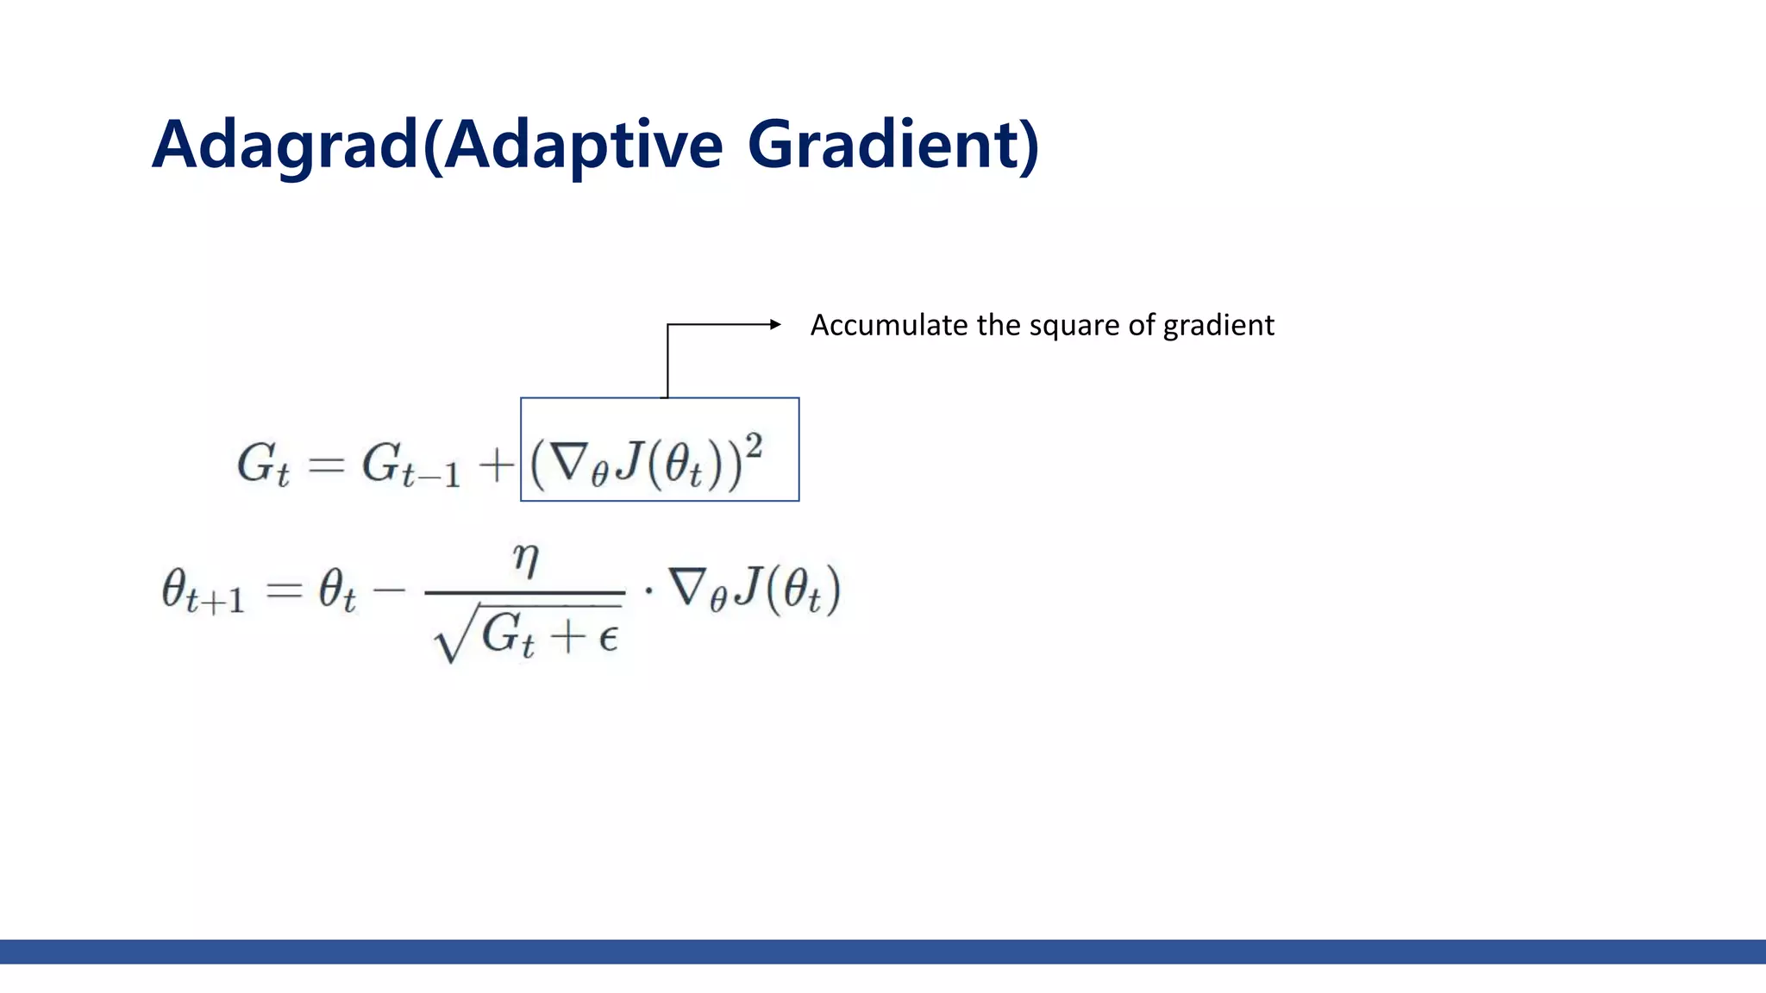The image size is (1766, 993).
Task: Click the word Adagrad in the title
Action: click(285, 145)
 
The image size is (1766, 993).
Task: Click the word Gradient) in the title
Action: click(893, 145)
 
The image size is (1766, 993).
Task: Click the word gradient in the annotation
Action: click(1218, 326)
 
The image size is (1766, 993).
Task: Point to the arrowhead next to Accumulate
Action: click(775, 324)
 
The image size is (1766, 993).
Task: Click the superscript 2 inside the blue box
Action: click(754, 446)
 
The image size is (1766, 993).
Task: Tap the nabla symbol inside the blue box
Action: click(570, 463)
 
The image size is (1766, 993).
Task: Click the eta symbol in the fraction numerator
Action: click(525, 560)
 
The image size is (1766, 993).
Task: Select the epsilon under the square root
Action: click(608, 638)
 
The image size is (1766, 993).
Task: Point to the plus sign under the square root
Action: click(569, 638)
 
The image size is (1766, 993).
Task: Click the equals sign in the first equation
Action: click(327, 466)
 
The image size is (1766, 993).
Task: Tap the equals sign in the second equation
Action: click(284, 591)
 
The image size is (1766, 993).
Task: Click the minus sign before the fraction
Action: click(388, 591)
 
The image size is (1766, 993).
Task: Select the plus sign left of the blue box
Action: click(497, 466)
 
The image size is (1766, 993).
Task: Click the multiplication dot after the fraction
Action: click(648, 592)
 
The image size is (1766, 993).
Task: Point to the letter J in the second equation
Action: click(748, 587)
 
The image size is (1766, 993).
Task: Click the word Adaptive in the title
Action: click(584, 145)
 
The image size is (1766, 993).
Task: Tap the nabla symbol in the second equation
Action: click(689, 588)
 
